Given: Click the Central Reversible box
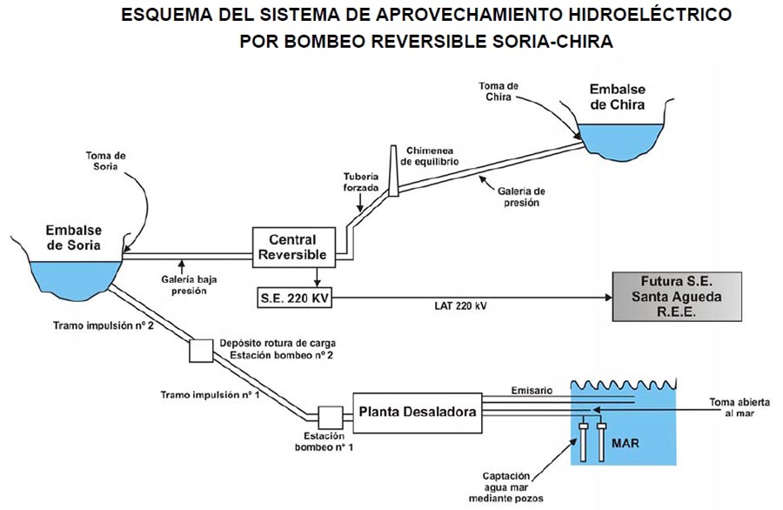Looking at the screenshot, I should coord(292,246).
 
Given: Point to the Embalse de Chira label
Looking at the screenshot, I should coord(617,97).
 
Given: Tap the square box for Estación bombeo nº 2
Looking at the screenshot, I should coord(202,350).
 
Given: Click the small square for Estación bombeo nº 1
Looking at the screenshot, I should coord(331,415).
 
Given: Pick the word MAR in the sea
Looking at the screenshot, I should coord(626,443).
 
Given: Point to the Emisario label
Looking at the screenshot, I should coord(531,391).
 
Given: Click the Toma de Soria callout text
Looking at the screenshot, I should coord(105,161).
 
